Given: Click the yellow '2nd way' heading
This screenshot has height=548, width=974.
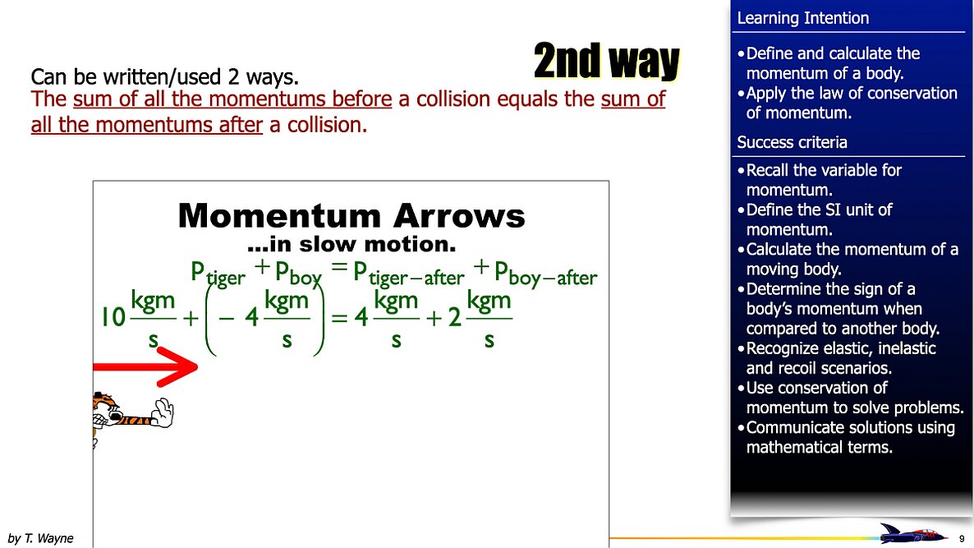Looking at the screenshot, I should point(606,62).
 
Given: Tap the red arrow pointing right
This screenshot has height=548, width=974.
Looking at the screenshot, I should point(148,366).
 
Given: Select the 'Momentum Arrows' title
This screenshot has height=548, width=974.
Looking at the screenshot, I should point(351,216).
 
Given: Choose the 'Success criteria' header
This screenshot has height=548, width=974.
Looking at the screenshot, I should point(792,142).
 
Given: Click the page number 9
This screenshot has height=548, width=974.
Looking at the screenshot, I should point(962,538).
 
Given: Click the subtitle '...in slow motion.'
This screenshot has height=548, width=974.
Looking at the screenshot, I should point(351,244).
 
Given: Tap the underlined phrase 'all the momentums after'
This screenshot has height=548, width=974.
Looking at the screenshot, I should point(146,126).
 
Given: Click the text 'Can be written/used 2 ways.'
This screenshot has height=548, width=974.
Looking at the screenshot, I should point(164,77).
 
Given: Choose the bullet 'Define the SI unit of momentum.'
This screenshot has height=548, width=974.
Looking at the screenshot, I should point(818,219).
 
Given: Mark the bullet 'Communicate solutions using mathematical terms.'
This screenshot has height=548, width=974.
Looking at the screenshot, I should point(849,437).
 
